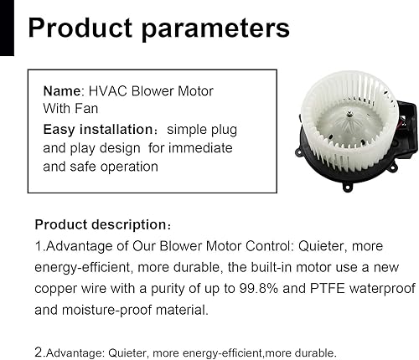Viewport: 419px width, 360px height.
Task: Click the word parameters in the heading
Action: [x=220, y=28]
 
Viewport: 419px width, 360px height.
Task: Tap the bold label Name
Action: [x=61, y=90]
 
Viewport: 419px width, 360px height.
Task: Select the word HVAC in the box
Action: [x=104, y=90]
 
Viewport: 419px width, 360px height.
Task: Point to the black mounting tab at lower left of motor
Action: [x=297, y=152]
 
